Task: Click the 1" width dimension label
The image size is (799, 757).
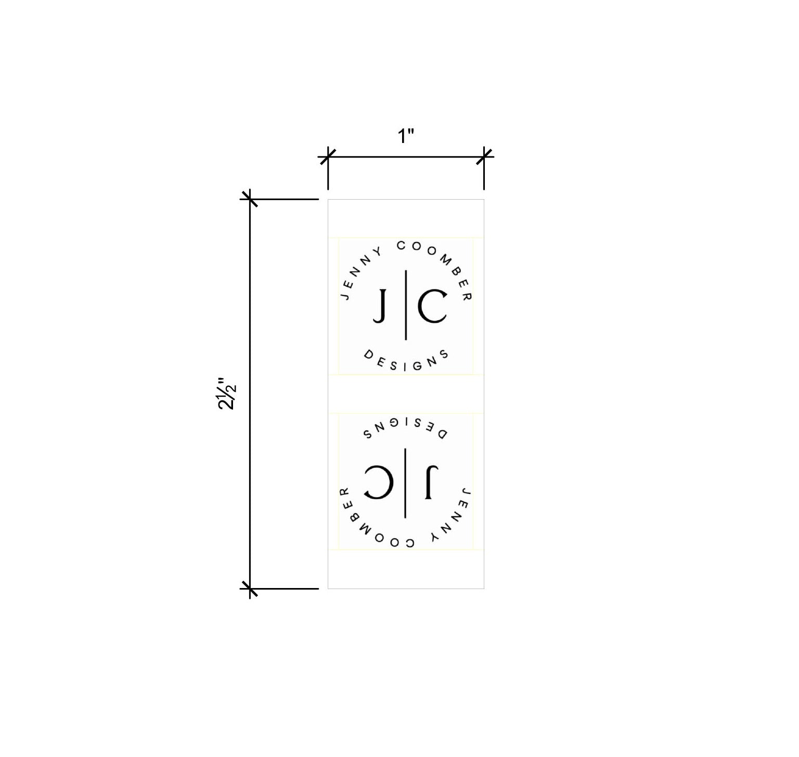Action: pos(406,136)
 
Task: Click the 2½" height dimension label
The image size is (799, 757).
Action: pos(227,394)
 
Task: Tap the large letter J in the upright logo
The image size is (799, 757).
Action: pos(380,306)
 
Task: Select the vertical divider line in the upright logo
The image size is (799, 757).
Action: pos(406,305)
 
